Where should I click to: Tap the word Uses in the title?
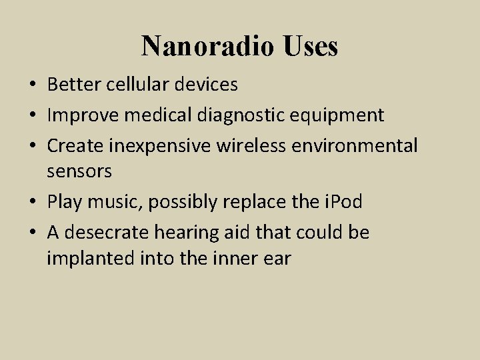point(311,46)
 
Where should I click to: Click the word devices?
point(207,85)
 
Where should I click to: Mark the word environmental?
point(357,145)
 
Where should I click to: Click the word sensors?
point(79,172)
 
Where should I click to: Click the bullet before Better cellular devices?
point(33,85)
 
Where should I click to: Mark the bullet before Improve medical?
point(33,115)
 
